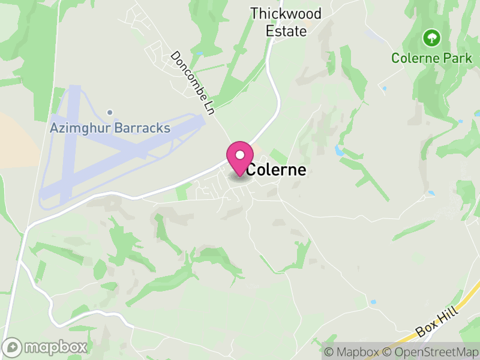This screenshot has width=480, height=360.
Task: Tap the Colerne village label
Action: (x=277, y=170)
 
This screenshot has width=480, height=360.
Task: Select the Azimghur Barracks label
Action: (x=110, y=128)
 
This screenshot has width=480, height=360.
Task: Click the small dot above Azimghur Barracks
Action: (x=110, y=112)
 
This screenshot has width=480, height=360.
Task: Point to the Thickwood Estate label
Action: (x=286, y=22)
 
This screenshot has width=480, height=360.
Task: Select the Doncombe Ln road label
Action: (x=193, y=83)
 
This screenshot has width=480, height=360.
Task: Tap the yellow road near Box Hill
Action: (x=462, y=300)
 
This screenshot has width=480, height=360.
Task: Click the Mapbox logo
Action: (x=46, y=347)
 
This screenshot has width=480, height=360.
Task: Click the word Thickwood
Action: (x=286, y=14)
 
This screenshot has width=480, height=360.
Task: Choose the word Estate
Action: (x=286, y=31)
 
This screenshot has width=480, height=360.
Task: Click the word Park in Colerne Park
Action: (x=454, y=58)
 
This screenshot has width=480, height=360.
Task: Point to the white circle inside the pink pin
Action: (x=239, y=155)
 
